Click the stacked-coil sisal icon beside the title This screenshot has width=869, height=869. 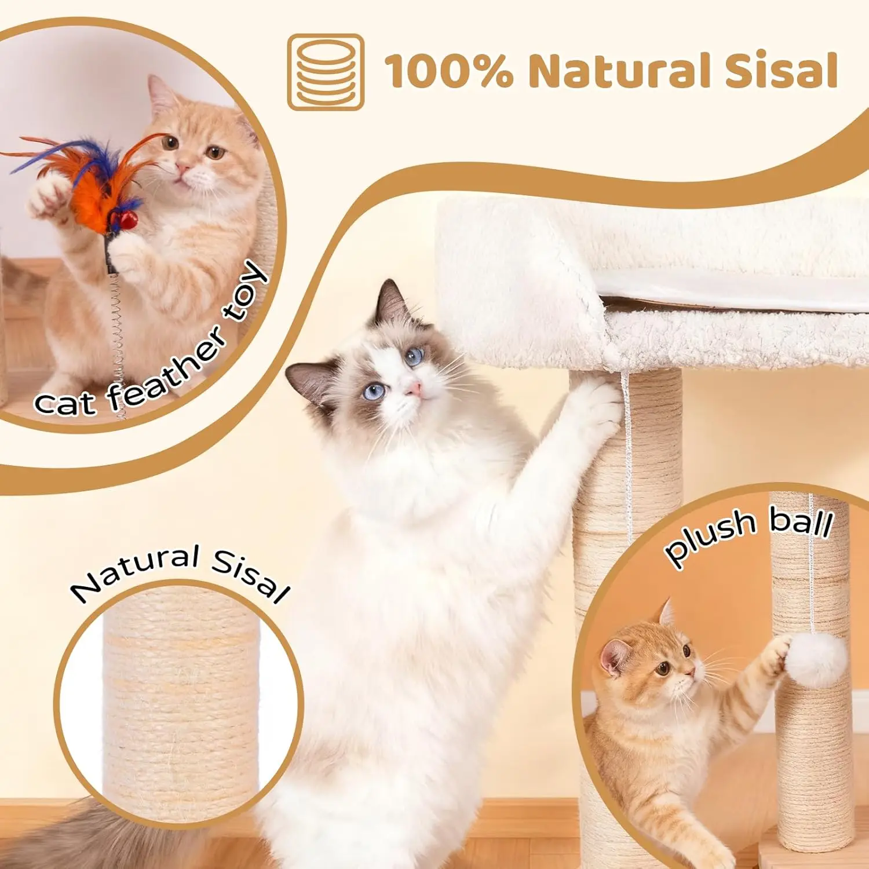point(326,72)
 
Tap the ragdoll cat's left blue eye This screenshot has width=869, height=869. point(374,392)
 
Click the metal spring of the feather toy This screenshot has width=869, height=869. point(118,342)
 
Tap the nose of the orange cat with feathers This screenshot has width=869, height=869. point(183,169)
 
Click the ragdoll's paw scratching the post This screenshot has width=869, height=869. point(594,406)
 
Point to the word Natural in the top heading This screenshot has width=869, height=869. point(622,71)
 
